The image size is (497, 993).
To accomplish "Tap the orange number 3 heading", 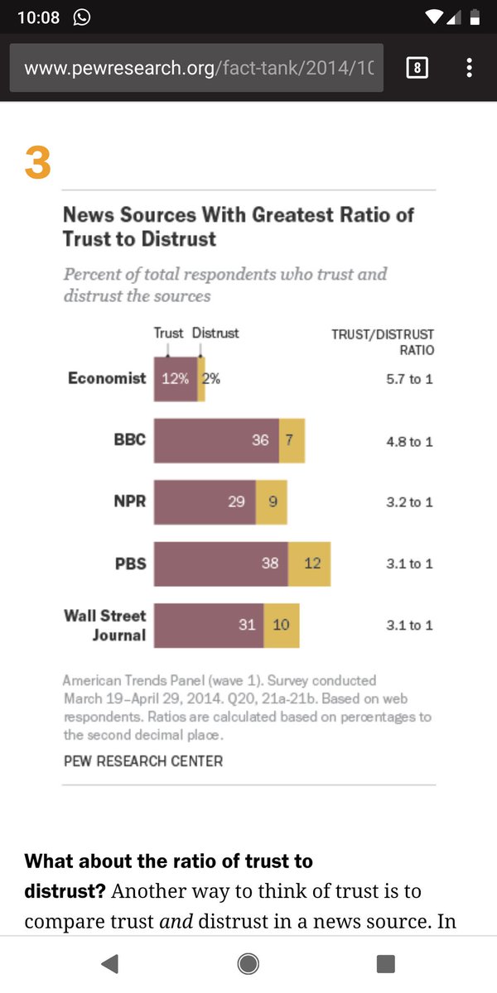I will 37,162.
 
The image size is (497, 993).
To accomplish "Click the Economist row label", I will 107,378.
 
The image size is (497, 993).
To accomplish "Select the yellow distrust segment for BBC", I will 292,440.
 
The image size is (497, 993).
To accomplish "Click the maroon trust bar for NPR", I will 205,501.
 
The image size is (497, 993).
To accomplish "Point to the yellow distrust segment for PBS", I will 309,564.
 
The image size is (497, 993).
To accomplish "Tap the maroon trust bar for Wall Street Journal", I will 209,625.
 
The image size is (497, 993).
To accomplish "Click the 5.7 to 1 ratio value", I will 409,380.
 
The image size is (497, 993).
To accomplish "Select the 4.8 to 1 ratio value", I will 409,441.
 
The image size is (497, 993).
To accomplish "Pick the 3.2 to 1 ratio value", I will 409,502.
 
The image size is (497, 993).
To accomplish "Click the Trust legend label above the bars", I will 168,333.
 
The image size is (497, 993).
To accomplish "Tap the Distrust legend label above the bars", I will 215,333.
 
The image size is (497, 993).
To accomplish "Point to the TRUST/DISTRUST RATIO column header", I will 383,342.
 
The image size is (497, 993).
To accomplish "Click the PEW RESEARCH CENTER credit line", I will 143,760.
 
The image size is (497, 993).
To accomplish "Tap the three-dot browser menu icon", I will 469,67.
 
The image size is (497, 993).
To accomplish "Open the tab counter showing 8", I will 417,67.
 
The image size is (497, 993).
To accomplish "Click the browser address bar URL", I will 197,67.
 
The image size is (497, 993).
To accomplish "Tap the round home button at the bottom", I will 248,963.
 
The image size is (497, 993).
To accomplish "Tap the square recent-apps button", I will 385,963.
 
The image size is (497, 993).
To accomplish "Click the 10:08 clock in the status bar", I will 38,17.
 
